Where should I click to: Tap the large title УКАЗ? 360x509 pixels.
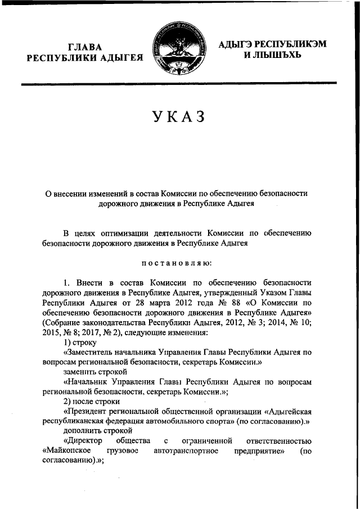coord(179,118)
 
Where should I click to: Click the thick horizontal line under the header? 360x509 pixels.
coord(179,84)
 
